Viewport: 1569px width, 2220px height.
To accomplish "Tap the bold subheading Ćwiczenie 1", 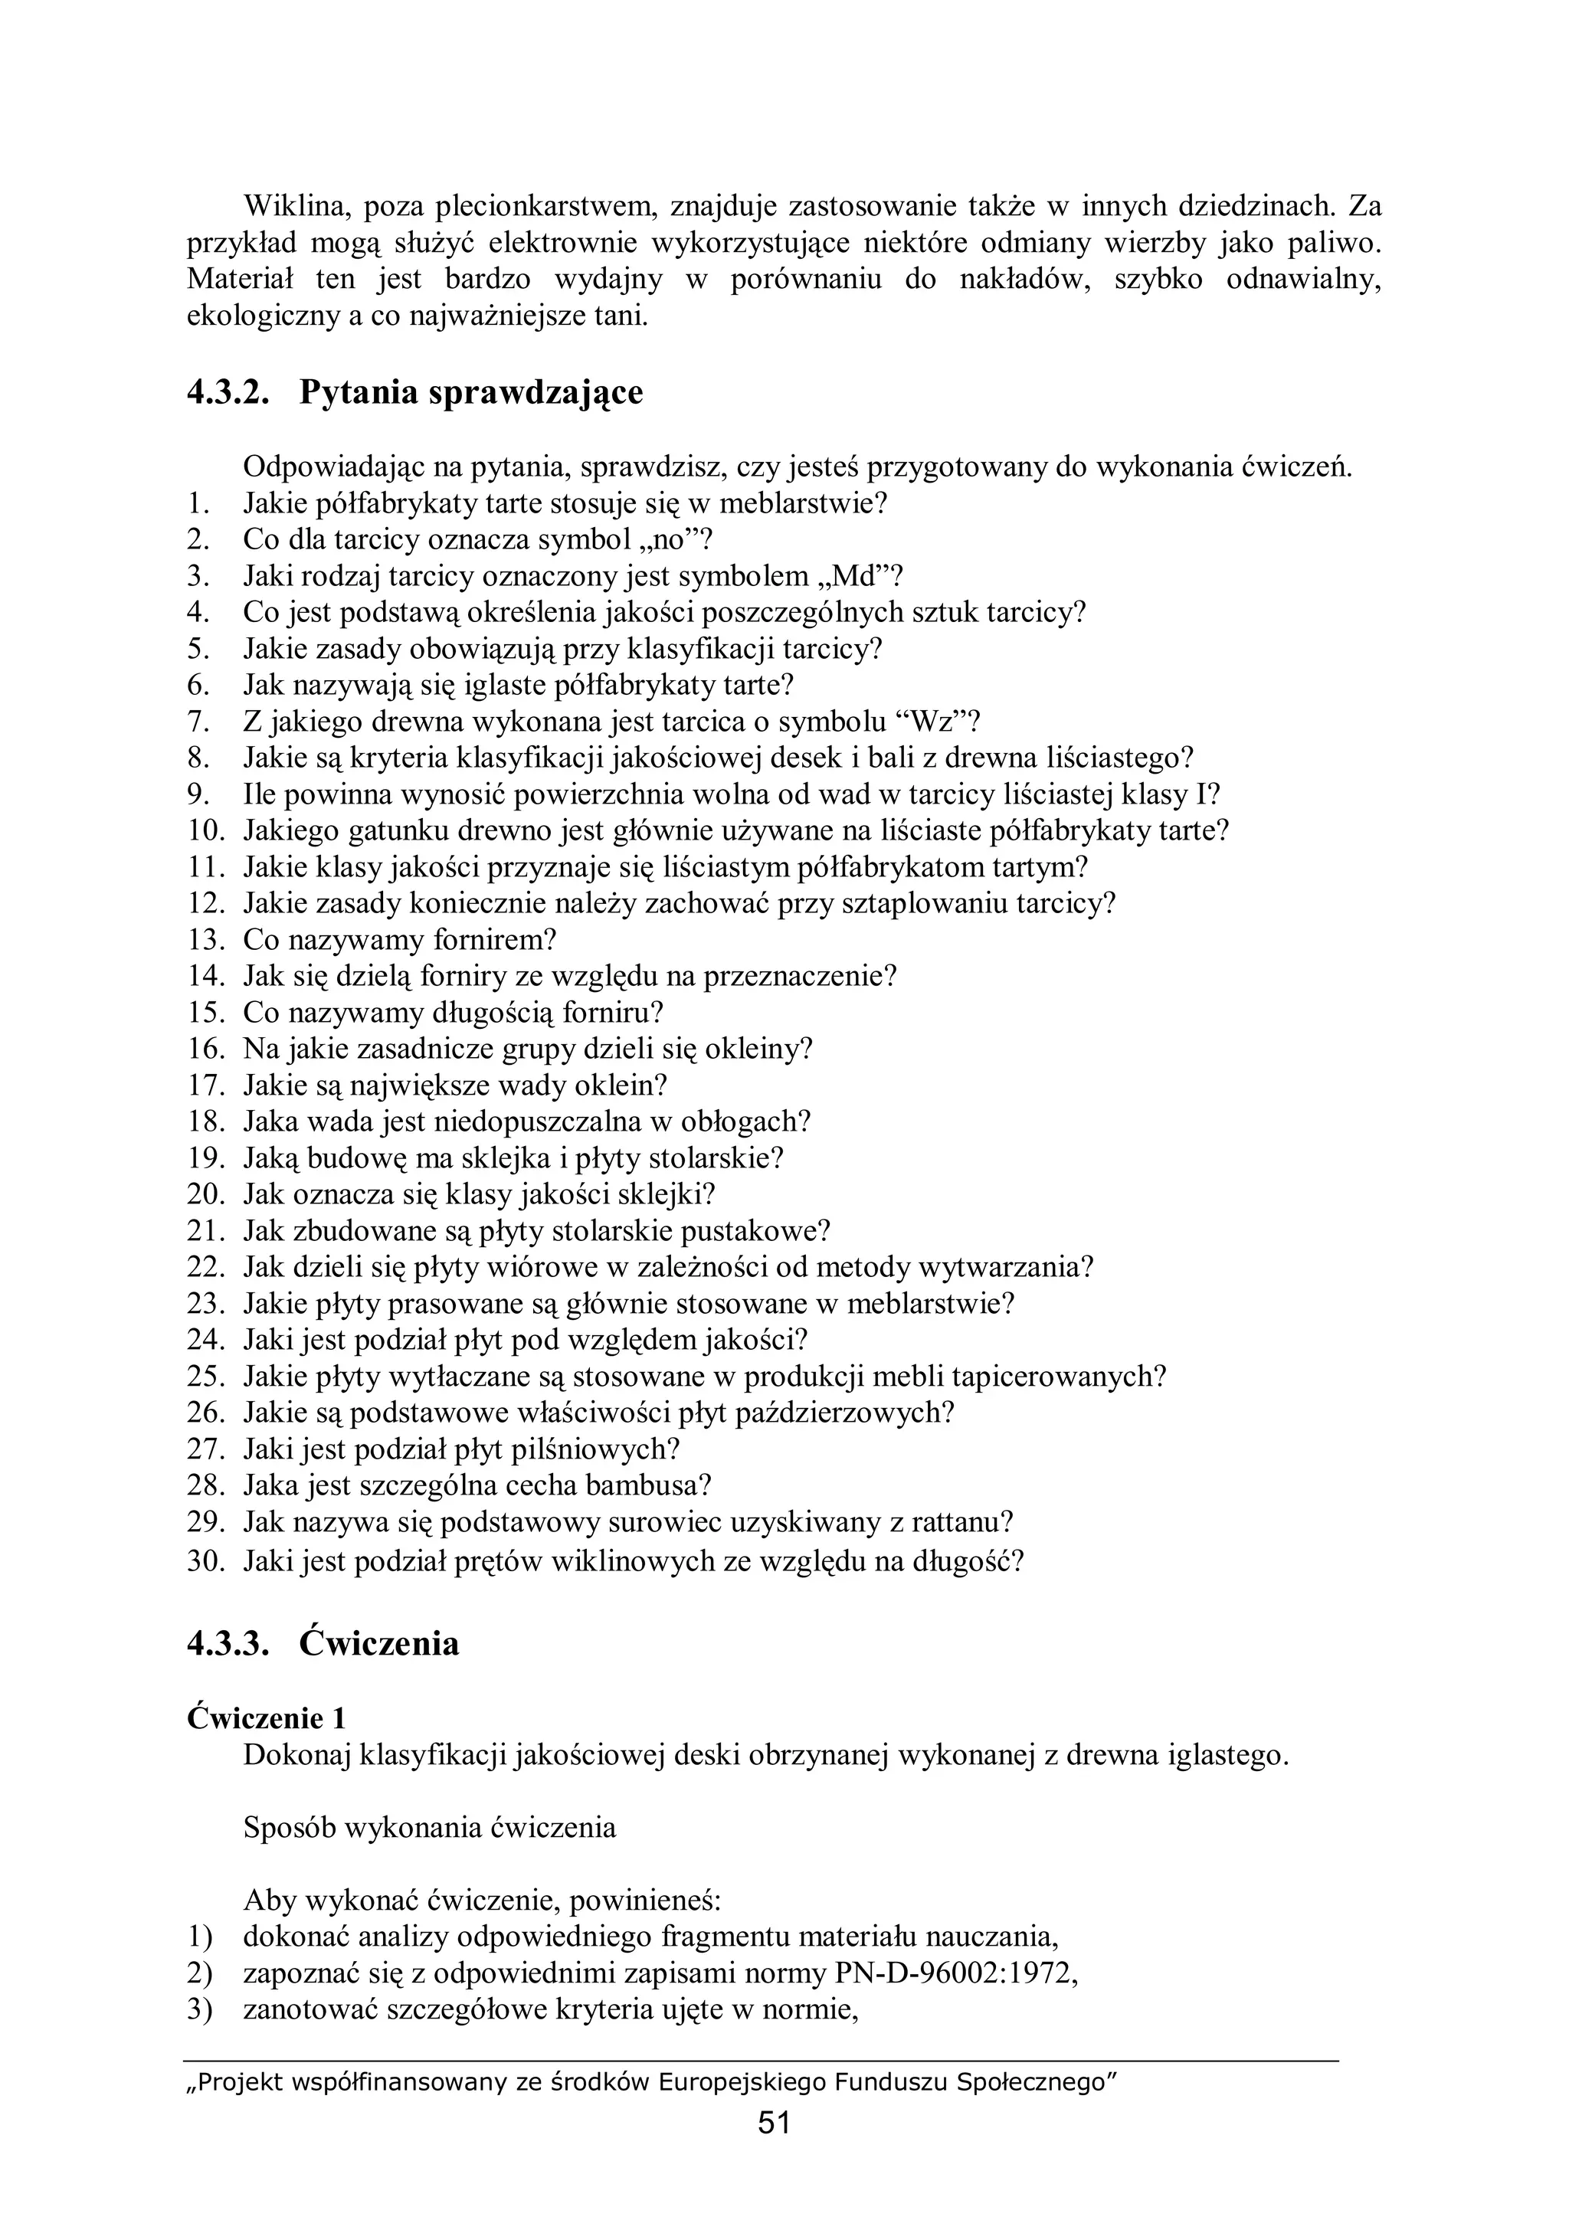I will (x=266, y=1718).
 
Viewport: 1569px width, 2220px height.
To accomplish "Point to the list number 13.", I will (x=206, y=940).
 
